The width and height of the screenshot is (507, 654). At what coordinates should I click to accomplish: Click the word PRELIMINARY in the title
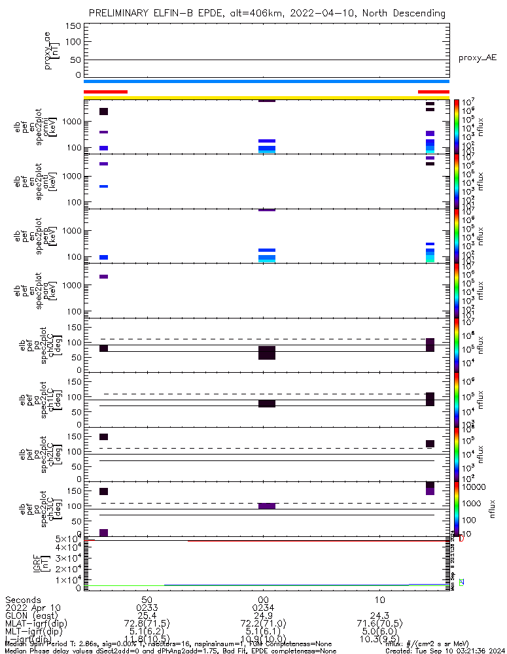coord(122,13)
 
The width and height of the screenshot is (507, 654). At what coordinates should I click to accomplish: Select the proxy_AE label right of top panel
coord(477,58)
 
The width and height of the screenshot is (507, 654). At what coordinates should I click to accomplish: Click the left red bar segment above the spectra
coord(105,92)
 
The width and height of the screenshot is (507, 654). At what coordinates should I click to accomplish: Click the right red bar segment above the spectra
coord(433,92)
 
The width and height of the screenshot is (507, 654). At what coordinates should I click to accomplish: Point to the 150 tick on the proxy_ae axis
coord(74,26)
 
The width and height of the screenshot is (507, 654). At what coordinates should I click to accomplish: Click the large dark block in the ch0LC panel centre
coord(266,353)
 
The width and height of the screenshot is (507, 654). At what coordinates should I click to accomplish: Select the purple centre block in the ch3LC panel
coord(266,506)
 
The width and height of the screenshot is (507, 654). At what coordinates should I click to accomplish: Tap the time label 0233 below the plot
coord(147,608)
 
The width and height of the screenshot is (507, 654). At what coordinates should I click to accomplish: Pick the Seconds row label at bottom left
coord(22,600)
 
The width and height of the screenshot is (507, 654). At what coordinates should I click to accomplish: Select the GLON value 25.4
coord(147,615)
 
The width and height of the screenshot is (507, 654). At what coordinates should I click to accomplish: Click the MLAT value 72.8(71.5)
coord(147,623)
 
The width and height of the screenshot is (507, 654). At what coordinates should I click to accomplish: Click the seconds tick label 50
coord(147,600)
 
